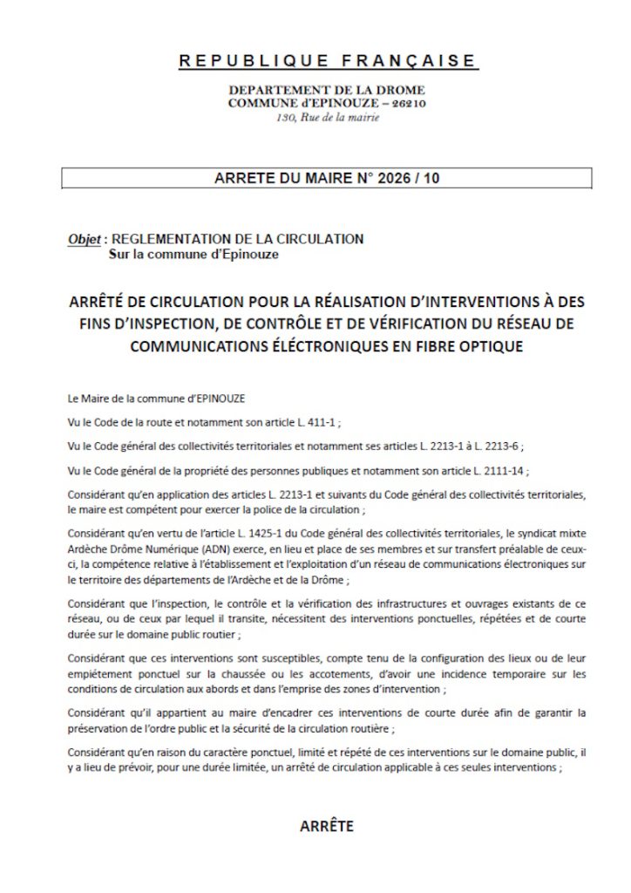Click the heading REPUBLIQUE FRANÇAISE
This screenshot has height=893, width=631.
click(327, 61)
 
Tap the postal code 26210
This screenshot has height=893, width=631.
click(407, 104)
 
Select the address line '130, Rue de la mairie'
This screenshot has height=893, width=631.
click(327, 117)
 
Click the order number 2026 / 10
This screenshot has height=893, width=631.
click(410, 179)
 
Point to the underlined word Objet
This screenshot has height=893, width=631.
click(84, 239)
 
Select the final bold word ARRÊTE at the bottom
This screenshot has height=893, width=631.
click(327, 826)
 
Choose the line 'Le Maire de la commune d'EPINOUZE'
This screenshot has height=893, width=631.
click(157, 398)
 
